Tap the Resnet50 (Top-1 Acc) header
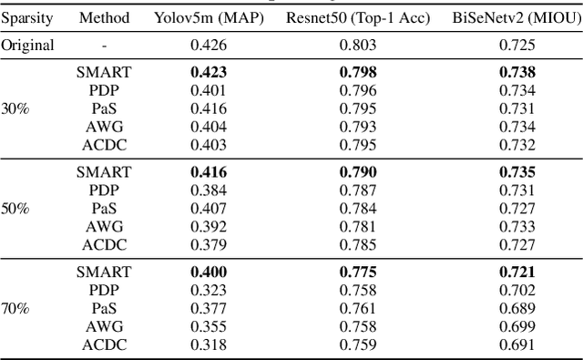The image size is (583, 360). point(358,17)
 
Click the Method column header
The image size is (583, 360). point(104,17)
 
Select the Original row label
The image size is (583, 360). point(28,45)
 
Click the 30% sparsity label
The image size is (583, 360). point(15,108)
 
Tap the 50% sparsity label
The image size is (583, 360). point(15,209)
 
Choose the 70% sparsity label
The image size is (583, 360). point(15,309)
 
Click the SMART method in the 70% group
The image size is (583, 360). point(104,273)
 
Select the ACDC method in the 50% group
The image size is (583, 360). point(104,244)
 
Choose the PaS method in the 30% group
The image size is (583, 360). point(104,108)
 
